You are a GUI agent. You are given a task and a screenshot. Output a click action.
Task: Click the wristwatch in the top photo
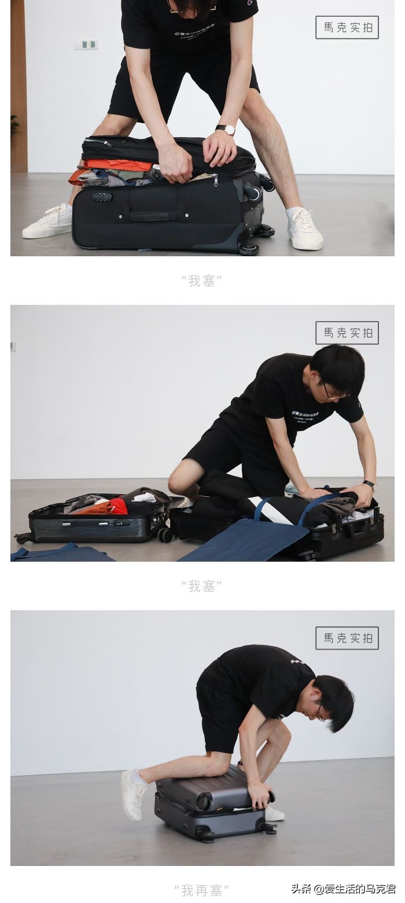click(226, 129)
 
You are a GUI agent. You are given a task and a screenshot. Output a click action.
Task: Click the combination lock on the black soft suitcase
click(102, 197)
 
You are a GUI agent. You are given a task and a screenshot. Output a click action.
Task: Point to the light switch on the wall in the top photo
click(86, 45)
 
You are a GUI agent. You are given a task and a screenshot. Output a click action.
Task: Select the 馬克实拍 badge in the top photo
click(347, 27)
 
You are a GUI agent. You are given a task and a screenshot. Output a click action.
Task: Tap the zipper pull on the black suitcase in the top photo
click(215, 181)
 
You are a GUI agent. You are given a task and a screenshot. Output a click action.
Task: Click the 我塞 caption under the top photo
click(201, 281)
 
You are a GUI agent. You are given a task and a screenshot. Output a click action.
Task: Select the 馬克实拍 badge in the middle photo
click(347, 333)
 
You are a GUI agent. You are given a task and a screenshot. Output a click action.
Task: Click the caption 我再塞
click(201, 890)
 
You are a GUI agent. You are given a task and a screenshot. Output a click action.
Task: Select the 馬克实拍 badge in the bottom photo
click(347, 638)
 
